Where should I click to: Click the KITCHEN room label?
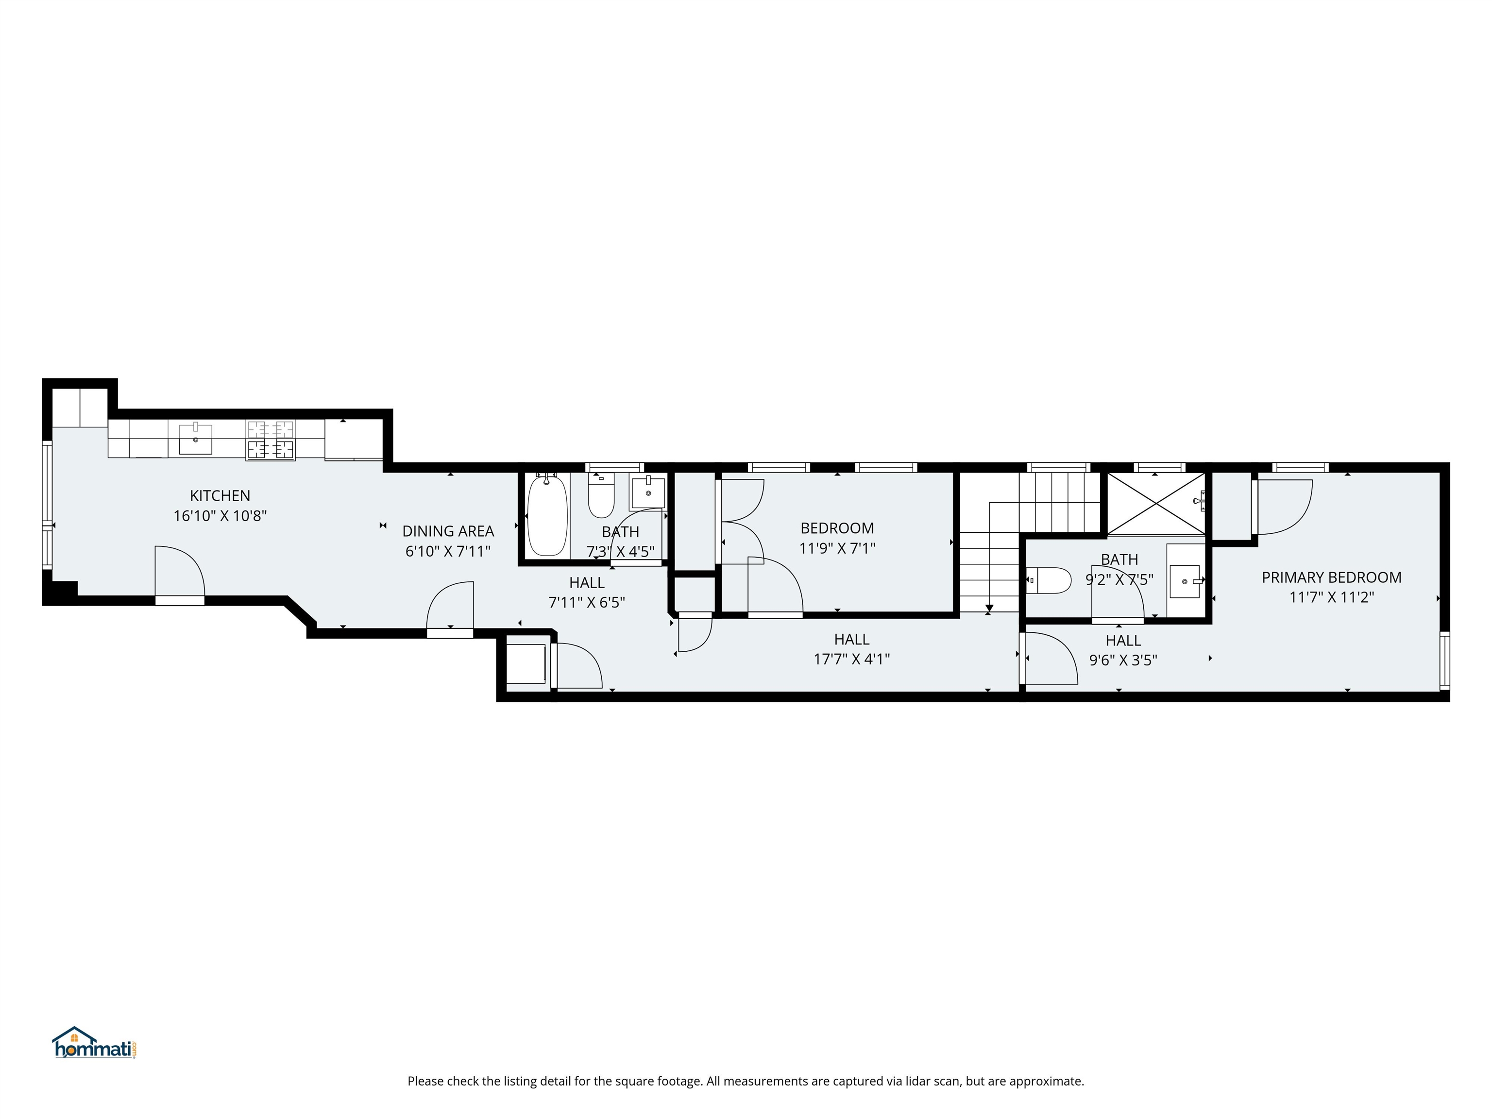click(x=220, y=496)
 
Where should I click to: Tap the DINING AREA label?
click(x=448, y=531)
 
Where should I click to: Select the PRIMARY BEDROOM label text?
click(x=1331, y=577)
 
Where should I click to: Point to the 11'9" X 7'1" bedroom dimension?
click(x=837, y=548)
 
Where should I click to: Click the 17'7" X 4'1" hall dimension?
click(x=851, y=659)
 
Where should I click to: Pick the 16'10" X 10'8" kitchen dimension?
click(x=220, y=516)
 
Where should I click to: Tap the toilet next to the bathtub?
click(x=601, y=496)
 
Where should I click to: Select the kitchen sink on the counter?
click(x=196, y=439)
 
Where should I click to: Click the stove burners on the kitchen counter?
click(x=271, y=440)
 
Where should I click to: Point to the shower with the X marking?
click(x=1156, y=504)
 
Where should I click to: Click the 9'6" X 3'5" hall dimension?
click(x=1123, y=661)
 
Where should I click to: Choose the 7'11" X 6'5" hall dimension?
click(x=587, y=602)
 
